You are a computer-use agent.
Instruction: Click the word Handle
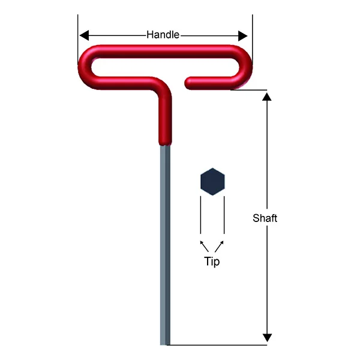[163, 35]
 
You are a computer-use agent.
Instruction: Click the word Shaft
[265, 218]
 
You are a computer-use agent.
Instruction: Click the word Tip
[212, 262]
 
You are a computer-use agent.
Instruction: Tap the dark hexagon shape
[212, 182]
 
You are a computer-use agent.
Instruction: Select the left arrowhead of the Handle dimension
[84, 36]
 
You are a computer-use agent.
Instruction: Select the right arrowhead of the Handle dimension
[242, 36]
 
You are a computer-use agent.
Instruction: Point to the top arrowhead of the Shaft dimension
[267, 97]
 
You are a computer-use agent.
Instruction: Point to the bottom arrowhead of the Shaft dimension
[267, 338]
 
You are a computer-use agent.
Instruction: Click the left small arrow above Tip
[204, 246]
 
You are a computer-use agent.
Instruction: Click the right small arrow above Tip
[219, 246]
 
